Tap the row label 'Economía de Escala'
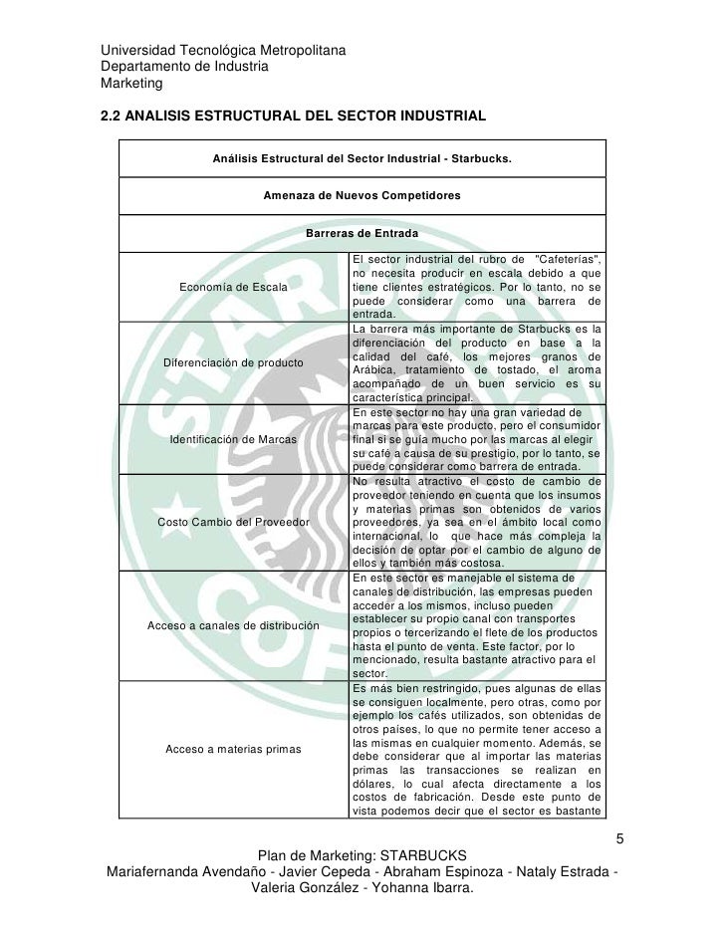(x=233, y=288)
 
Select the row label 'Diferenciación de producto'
(x=233, y=362)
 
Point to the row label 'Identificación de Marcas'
(x=233, y=438)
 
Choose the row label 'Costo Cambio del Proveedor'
(x=233, y=523)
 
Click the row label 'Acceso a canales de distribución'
(x=233, y=625)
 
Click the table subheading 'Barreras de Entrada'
(x=362, y=234)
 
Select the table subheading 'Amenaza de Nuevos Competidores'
(x=362, y=196)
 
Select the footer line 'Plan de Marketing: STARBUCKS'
(x=362, y=856)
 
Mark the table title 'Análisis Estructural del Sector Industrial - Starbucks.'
(x=362, y=158)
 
